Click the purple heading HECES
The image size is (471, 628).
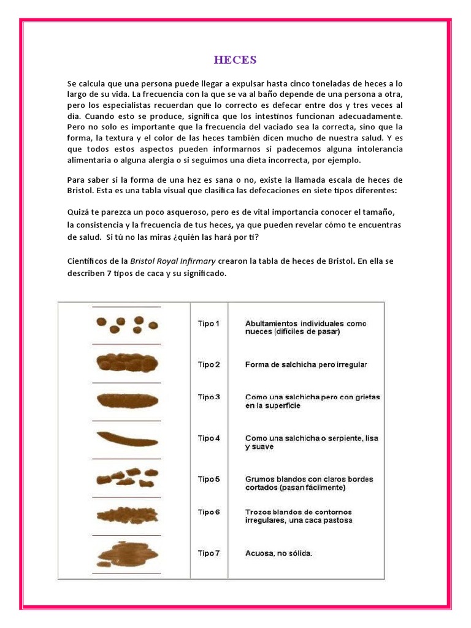(x=235, y=59)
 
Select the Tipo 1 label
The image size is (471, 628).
(x=209, y=323)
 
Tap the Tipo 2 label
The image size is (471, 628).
(x=209, y=364)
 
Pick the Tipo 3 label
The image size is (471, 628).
(x=209, y=397)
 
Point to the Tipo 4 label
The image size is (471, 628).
(x=209, y=438)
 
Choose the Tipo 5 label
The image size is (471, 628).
(x=209, y=479)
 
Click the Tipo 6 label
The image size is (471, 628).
(x=209, y=511)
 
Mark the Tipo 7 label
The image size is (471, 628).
(x=209, y=553)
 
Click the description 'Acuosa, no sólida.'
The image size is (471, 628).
(x=278, y=553)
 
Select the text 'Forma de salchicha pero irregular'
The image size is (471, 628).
(x=306, y=364)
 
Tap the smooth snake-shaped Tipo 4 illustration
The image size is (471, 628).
(x=127, y=438)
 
